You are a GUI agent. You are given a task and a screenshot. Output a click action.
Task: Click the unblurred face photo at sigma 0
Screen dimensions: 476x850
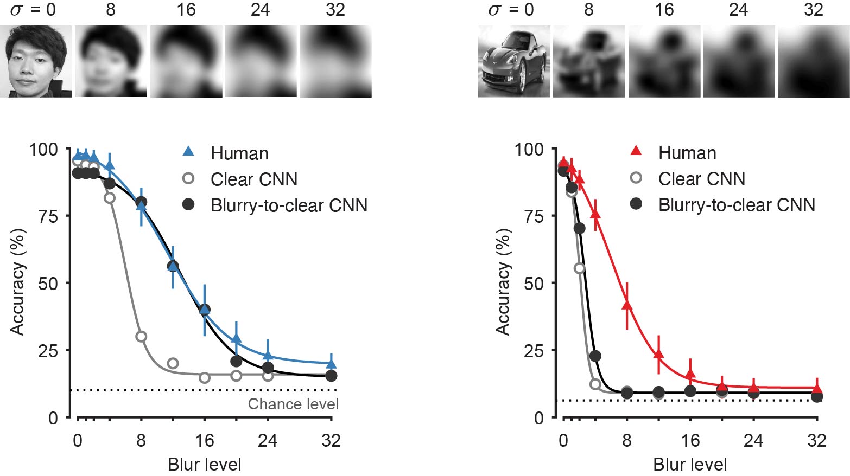click(36, 61)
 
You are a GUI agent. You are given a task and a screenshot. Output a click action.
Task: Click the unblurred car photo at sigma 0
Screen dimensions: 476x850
click(513, 61)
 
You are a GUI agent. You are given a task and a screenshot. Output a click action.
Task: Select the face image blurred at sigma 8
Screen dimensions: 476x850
click(111, 61)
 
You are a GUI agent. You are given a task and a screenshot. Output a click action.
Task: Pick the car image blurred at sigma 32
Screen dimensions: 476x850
click(813, 61)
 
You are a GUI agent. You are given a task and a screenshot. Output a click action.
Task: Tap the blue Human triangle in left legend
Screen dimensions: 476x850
click(188, 152)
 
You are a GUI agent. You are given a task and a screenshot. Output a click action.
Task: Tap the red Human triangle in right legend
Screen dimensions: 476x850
click(636, 151)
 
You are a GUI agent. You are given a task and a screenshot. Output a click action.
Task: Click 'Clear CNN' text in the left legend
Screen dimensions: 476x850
click(254, 179)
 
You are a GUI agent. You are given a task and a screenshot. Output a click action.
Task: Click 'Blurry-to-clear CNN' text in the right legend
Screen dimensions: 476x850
click(737, 205)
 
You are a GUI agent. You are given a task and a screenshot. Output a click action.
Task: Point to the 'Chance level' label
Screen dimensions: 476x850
click(293, 404)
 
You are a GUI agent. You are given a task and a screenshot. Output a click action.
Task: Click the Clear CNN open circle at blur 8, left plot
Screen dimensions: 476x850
click(141, 337)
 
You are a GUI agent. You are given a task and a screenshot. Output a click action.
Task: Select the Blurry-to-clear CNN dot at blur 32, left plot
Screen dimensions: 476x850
click(331, 376)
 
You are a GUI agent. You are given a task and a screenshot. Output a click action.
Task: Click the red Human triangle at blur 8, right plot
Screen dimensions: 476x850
click(627, 305)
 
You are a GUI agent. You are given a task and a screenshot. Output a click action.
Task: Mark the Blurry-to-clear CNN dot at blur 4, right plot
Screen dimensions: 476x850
click(595, 356)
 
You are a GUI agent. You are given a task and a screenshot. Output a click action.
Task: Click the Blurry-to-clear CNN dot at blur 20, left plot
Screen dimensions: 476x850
click(236, 361)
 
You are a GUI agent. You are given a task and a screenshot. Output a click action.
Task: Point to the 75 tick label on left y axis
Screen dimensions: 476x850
click(48, 216)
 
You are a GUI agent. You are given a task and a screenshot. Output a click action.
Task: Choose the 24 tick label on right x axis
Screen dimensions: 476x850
click(753, 441)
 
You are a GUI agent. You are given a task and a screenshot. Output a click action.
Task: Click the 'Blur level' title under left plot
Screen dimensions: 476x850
click(204, 465)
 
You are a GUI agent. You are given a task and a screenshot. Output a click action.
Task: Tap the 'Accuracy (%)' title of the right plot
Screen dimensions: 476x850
click(503, 282)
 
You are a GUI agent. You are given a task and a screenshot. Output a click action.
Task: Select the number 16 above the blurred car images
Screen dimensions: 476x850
click(664, 10)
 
